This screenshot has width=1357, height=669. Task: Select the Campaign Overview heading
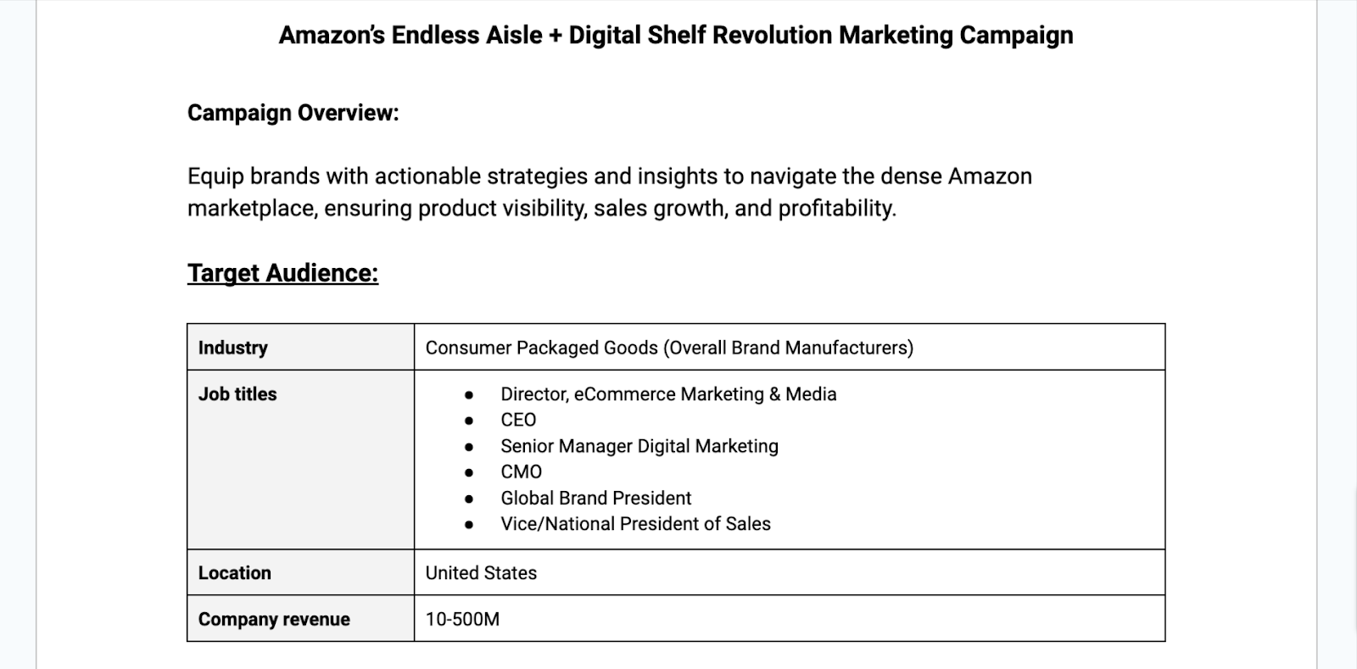click(x=293, y=113)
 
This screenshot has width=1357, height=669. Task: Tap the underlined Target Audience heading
click(x=282, y=273)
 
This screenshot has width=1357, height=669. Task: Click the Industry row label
click(x=232, y=348)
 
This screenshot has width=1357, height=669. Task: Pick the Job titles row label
click(x=237, y=394)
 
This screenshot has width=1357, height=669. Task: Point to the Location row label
click(x=234, y=573)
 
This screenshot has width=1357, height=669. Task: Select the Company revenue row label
click(x=274, y=620)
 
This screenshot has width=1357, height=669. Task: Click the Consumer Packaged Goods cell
click(x=668, y=348)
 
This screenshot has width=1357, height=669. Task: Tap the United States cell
click(x=481, y=573)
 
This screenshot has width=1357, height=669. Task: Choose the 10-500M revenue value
click(x=462, y=620)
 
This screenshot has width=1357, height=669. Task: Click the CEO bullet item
click(x=518, y=421)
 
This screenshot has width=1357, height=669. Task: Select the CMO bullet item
click(x=521, y=472)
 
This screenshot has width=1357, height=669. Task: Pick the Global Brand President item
click(x=595, y=499)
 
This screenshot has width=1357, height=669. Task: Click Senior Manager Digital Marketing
click(x=639, y=446)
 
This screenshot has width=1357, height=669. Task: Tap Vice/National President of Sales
click(x=635, y=524)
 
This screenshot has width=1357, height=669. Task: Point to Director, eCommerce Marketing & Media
click(x=667, y=394)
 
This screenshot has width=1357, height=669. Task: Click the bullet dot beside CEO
click(x=469, y=421)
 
